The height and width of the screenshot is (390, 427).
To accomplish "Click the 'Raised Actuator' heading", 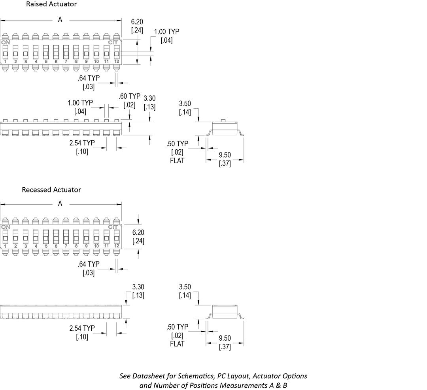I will point(51,4).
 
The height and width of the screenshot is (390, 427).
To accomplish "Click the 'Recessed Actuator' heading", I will point(51,190).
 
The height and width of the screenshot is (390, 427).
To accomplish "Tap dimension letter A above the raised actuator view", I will point(60,20).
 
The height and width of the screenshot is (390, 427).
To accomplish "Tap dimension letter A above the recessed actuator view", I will point(60,204).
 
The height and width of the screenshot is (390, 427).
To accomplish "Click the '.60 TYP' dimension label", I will point(129,96).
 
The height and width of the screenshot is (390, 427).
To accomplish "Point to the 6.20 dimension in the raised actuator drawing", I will point(137,23).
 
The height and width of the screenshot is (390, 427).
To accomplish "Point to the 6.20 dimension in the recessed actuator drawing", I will point(138,233).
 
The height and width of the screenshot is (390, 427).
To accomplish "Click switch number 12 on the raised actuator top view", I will point(116,62).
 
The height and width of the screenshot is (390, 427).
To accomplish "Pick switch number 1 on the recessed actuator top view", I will point(6,246).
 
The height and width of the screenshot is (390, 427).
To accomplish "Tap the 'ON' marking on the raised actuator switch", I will point(6,42).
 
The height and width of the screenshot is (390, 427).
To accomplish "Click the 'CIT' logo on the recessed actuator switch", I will point(113,227).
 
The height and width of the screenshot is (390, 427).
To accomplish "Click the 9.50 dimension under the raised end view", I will point(225,155).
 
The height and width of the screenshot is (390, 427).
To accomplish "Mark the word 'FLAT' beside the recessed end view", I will point(177,344).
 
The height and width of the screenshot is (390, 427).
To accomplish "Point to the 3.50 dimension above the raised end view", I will point(185,104).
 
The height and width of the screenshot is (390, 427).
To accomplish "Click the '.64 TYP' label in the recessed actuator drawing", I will point(89,264).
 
